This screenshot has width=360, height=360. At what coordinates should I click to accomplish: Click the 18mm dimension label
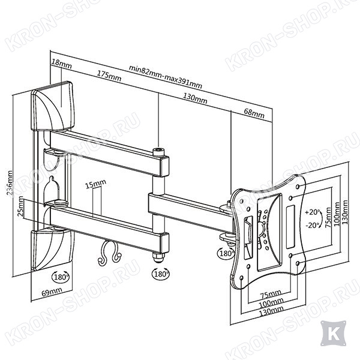coord(61,64)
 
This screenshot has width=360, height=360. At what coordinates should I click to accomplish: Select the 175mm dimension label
coord(109,76)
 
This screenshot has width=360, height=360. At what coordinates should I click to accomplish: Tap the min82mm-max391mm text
coord(166,77)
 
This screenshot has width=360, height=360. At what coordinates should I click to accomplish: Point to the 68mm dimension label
coord(254,113)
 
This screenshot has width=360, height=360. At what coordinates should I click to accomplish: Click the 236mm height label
coord(10,182)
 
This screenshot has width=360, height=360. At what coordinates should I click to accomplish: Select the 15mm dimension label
coord(95,184)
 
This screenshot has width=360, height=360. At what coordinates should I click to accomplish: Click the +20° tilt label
coord(313,212)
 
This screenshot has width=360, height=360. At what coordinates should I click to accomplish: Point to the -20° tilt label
coord(313,225)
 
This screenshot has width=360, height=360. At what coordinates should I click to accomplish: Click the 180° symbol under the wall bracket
coord(61,277)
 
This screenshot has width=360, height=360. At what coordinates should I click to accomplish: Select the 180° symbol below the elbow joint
coord(161,274)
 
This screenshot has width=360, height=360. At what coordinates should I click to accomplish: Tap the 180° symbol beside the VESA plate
coord(226,253)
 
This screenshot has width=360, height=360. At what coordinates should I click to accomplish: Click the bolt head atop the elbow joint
coord(158,152)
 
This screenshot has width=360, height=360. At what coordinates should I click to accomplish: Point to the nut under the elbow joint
coord(158,257)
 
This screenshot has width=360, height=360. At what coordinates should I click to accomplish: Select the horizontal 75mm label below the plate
coord(271,294)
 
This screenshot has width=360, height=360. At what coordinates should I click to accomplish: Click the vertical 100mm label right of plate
coord(337,214)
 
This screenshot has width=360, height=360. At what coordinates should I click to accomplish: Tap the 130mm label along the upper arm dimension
coord(195,98)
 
